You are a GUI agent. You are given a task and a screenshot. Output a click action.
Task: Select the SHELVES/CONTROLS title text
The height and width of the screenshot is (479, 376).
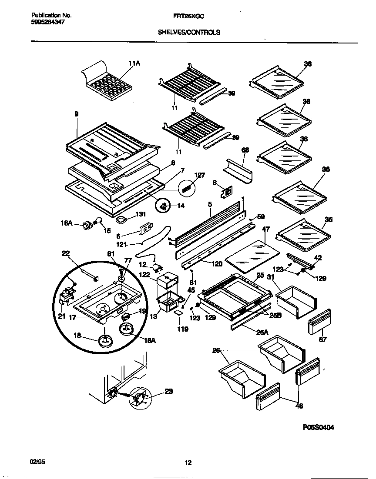[x=188, y=32]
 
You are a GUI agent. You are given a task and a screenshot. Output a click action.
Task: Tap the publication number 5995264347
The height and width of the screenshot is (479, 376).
[x=48, y=22]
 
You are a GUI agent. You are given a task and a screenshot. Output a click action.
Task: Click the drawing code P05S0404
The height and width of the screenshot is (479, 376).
[x=319, y=427]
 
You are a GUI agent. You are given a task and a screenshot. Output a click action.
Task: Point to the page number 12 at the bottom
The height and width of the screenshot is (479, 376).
[x=188, y=463]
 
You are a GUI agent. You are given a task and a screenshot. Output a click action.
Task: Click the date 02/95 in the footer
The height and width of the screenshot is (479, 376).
[x=38, y=461]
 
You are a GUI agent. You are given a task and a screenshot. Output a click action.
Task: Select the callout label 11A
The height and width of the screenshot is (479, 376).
[x=134, y=63]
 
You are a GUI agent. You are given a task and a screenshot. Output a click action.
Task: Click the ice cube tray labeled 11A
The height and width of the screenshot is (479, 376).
[x=107, y=83]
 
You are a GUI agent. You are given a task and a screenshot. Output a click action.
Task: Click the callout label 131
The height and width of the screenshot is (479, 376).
[x=141, y=214]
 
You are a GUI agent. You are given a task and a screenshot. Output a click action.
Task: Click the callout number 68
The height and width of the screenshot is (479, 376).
[x=245, y=150]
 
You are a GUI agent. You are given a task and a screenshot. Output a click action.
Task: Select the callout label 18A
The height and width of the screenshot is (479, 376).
[x=149, y=341]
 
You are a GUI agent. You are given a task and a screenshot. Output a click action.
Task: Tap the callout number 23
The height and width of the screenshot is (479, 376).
[x=168, y=391]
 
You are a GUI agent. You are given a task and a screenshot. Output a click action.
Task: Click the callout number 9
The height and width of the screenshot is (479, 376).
[x=77, y=114]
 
